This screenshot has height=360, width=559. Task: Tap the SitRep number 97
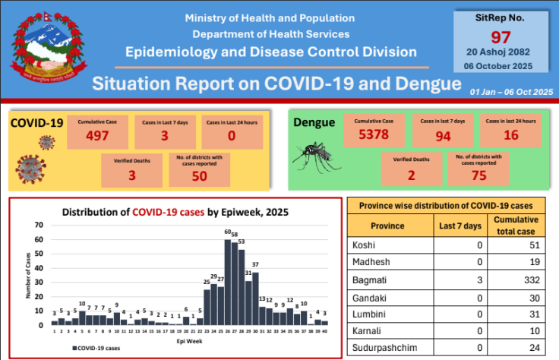point(501,37)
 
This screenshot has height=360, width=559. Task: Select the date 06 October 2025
point(501,66)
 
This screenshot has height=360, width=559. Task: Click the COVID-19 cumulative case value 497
point(98,137)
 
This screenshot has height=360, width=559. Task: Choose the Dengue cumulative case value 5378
point(373,137)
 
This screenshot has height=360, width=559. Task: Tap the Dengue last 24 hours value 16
point(510,137)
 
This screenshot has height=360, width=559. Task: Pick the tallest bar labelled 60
point(227,282)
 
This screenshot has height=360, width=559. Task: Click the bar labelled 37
point(255,298)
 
